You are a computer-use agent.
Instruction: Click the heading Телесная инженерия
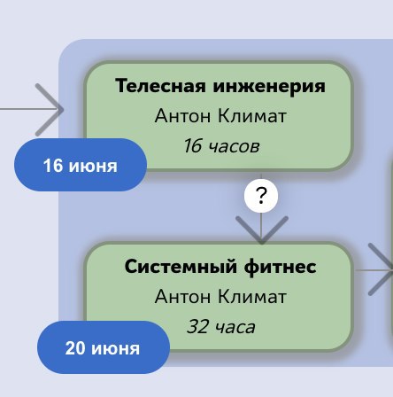tap(220, 86)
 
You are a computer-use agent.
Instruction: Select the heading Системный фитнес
tap(220, 267)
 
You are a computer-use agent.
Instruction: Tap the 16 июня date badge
tap(81, 165)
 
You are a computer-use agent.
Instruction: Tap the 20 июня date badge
tap(104, 347)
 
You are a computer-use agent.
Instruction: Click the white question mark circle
tap(261, 196)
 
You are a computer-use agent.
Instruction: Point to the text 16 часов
tap(221, 146)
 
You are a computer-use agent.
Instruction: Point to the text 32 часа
tap(221, 327)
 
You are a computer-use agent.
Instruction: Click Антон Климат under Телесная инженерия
tap(220, 116)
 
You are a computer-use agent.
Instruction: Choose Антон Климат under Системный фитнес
tap(220, 297)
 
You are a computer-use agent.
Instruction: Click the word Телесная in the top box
tap(160, 86)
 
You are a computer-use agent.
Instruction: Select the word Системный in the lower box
tap(181, 267)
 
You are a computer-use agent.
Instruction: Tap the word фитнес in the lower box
tap(281, 267)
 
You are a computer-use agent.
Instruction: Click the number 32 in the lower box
tap(197, 327)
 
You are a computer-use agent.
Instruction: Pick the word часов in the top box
tap(235, 146)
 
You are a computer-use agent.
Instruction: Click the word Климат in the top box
tap(252, 116)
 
